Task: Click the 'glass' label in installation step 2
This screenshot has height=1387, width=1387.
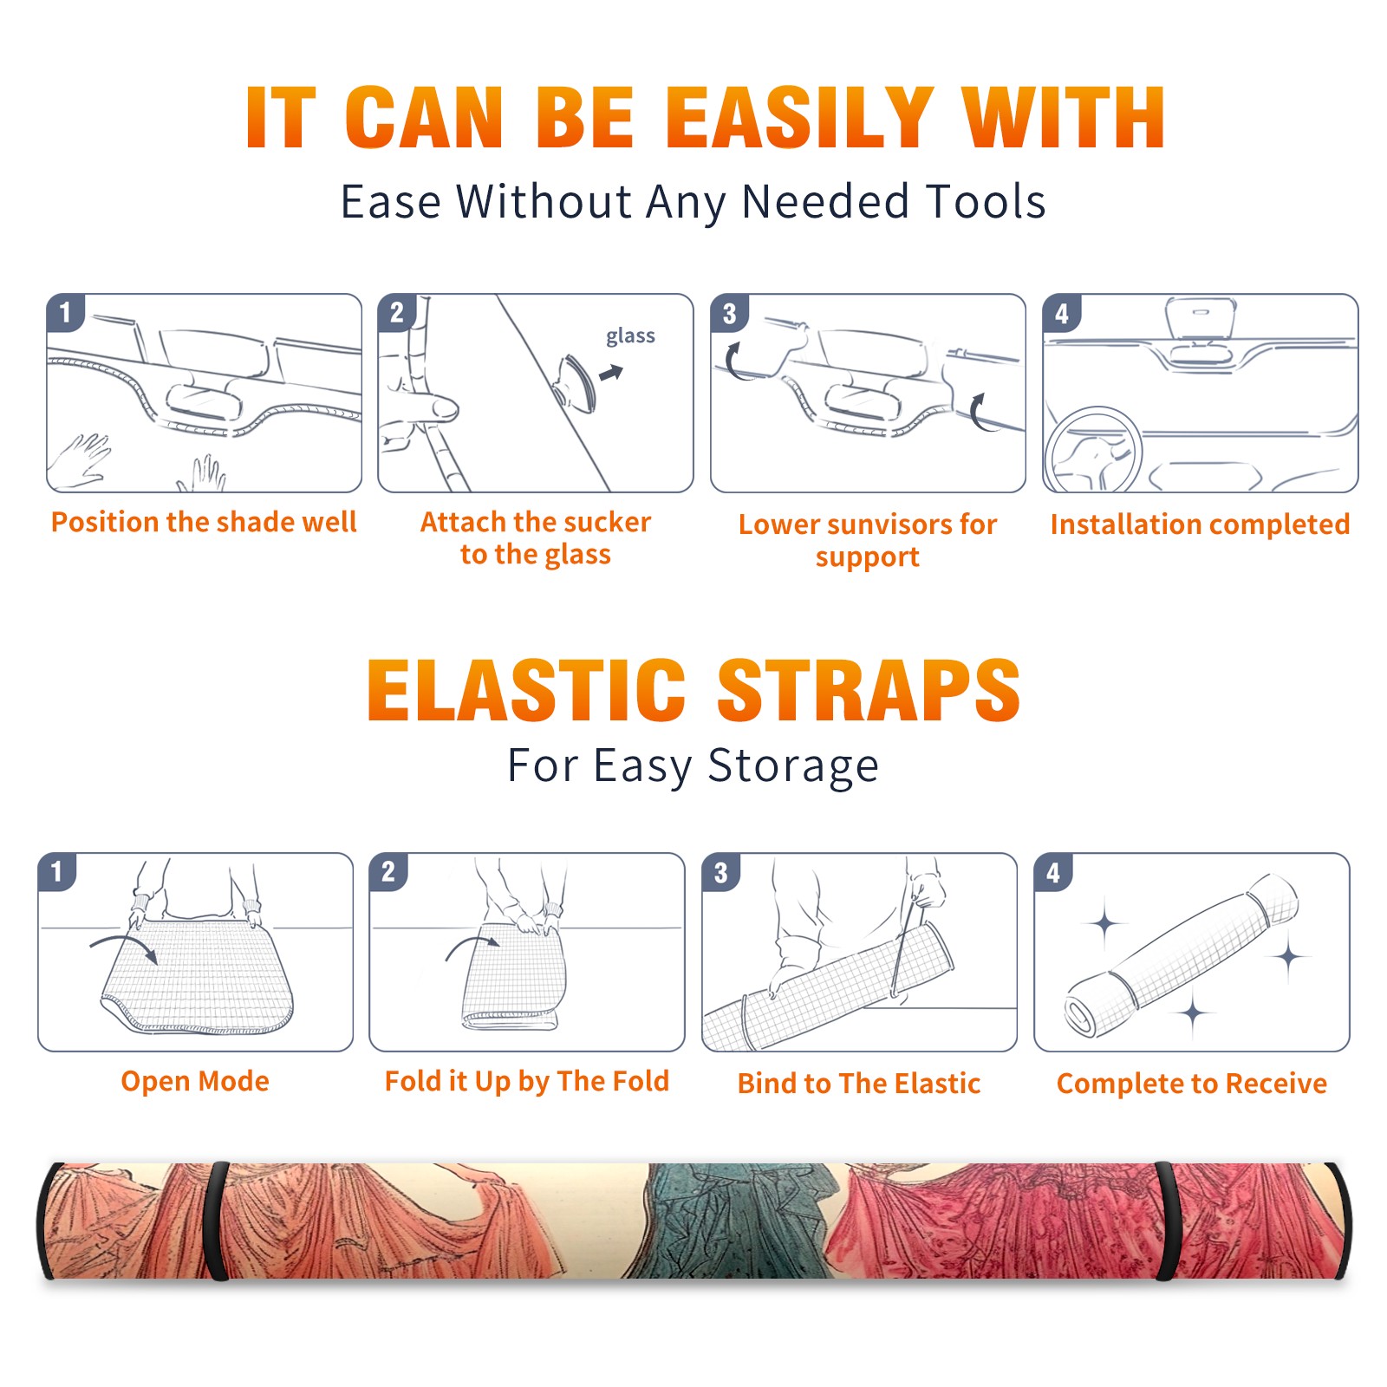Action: point(630,336)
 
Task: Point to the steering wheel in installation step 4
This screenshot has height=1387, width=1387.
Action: point(1093,450)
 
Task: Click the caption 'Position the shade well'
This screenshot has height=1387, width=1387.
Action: point(204,522)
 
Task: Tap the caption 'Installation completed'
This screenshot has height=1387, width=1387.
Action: point(1200,524)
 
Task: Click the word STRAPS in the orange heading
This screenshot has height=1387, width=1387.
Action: point(869,690)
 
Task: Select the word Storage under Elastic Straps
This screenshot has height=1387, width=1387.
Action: point(793,766)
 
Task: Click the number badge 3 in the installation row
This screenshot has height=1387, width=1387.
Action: point(729,314)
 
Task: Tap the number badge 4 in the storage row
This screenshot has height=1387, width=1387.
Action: point(1053,872)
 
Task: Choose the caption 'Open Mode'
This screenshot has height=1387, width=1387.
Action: point(195,1081)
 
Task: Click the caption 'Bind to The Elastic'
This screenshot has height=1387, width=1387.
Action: point(859,1084)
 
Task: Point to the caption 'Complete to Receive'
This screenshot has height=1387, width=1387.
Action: point(1192,1084)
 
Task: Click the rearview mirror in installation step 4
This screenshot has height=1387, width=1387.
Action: point(1201,319)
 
